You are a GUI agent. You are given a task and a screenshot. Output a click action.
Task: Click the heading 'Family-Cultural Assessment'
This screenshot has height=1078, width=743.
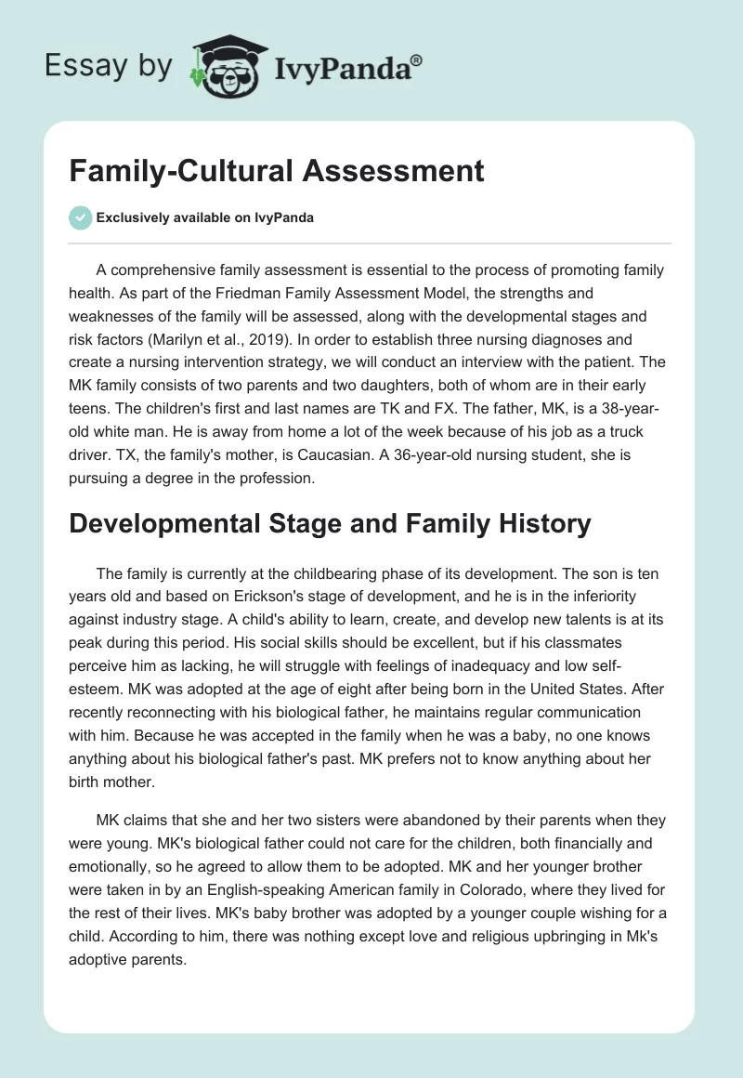point(277,171)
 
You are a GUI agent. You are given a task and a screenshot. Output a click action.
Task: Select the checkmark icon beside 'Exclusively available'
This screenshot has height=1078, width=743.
point(81,217)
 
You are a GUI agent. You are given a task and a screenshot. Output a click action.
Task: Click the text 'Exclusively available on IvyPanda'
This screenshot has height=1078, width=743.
point(205,217)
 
